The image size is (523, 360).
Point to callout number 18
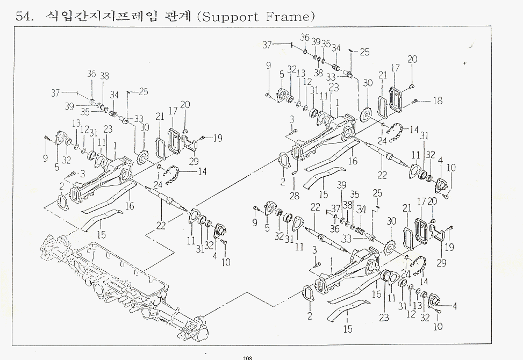coord(437,100)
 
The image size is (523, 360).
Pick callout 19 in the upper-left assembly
coord(217,139)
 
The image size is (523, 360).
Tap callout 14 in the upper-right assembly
coord(413,130)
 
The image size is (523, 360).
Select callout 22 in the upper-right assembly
coord(382,175)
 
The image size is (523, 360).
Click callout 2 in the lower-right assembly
coord(310,315)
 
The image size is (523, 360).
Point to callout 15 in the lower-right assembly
coord(348,329)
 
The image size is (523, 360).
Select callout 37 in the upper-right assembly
coord(267,45)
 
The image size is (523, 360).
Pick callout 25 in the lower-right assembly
coord(377,192)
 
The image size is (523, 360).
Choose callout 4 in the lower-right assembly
coord(455,307)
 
